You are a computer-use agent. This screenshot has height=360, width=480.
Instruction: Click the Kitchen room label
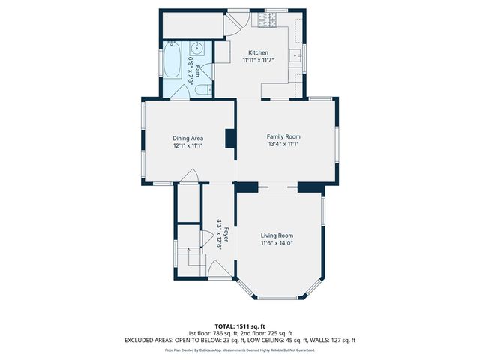tap(258, 52)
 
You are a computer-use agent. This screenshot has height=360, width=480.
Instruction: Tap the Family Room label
tap(283, 136)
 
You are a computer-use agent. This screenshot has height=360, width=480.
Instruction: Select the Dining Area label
tap(188, 138)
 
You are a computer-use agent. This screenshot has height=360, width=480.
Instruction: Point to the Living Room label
tap(277, 235)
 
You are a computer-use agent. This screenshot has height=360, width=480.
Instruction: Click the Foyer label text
tap(226, 234)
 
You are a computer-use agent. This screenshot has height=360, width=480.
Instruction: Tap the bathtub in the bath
tap(172, 60)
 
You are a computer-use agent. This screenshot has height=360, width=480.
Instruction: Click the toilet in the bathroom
tap(203, 89)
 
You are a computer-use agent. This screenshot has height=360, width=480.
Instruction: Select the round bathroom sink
tap(196, 48)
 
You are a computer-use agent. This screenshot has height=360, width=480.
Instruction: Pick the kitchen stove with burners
tap(268, 20)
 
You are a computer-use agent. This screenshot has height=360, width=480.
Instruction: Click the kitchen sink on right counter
tap(295, 55)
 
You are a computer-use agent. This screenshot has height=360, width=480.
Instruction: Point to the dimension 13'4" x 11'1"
tap(283, 144)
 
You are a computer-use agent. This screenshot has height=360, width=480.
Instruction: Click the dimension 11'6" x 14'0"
tap(277, 243)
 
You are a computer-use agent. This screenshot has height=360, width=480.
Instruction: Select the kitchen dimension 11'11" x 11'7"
tap(258, 60)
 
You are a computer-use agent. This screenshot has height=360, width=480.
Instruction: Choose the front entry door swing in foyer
tap(220, 268)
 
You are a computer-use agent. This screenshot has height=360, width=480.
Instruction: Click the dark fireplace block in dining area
tap(231, 139)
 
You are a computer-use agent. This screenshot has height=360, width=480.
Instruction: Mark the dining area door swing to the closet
tap(189, 175)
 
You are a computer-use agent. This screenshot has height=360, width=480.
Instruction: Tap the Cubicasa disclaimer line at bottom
tap(240, 350)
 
